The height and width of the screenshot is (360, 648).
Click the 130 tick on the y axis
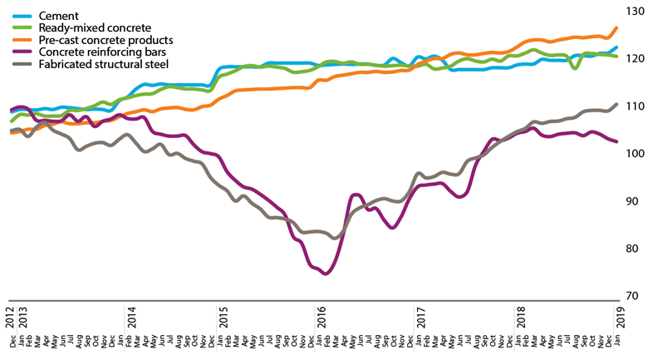coord(634,11)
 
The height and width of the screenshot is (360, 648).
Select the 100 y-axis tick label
coord(634,154)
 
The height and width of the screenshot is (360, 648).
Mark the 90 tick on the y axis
coord(634,201)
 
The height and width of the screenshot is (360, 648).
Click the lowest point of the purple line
coord(326,274)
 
